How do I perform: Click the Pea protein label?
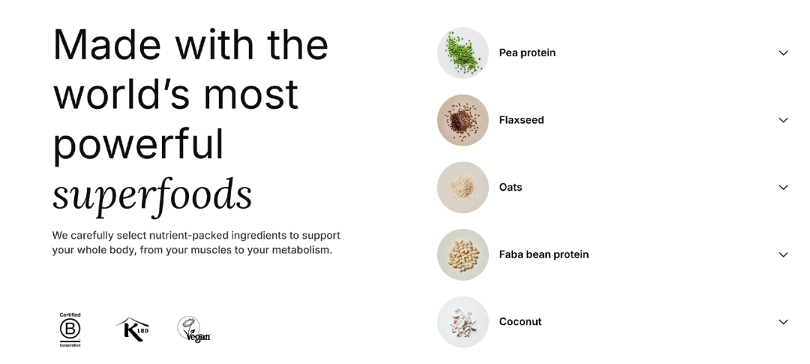point(527,53)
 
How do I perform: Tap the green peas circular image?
point(463,53)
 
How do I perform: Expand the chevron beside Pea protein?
point(783,53)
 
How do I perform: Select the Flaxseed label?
point(521,120)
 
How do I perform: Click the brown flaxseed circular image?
point(463,120)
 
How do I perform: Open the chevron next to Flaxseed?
point(783,120)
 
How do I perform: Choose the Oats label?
point(511,187)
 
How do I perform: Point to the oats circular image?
point(463,187)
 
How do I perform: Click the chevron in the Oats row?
point(783,187)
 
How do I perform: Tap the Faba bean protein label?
point(544,254)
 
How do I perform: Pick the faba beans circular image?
point(463,254)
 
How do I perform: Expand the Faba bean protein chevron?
point(783,254)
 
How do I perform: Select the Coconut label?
point(520,322)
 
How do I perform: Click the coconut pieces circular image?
point(463,322)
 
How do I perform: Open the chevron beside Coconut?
point(783,322)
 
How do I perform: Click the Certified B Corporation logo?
point(70,330)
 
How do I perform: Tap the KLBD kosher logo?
point(133,329)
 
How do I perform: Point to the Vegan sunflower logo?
point(193,329)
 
